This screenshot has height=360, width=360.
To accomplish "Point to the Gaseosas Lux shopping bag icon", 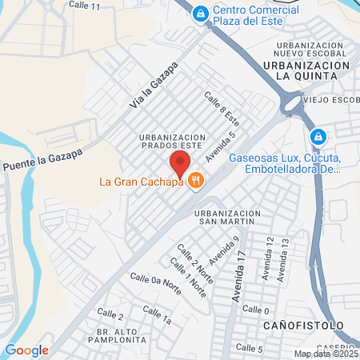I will (x=318, y=137).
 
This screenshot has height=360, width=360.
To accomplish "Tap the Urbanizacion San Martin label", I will (x=228, y=218).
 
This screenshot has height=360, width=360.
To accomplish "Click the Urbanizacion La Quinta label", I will (x=306, y=69).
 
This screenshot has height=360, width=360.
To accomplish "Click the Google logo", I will (x=26, y=350).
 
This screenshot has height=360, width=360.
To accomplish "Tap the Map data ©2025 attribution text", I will (x=326, y=354).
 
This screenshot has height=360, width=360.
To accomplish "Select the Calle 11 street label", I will (x=85, y=6).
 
